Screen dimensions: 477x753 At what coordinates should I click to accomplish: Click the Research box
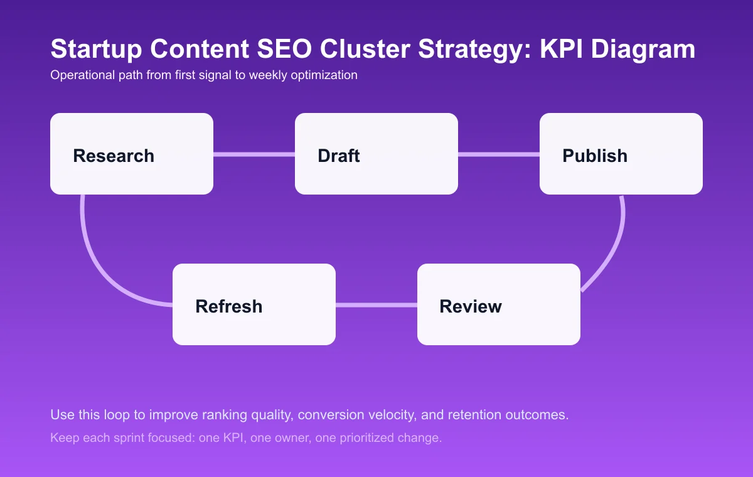point(132,154)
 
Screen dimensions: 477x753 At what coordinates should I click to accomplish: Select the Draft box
point(376,154)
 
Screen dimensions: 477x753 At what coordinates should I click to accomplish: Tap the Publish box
point(621,154)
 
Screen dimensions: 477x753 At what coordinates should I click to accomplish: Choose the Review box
point(499,304)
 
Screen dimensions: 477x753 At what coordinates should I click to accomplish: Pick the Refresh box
point(254,304)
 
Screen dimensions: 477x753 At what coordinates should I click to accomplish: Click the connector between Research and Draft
point(254,154)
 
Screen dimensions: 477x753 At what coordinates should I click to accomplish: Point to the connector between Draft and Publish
point(499,154)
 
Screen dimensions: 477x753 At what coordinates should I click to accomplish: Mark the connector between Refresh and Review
point(376,305)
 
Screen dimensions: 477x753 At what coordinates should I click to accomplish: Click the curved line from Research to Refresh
point(94,257)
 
